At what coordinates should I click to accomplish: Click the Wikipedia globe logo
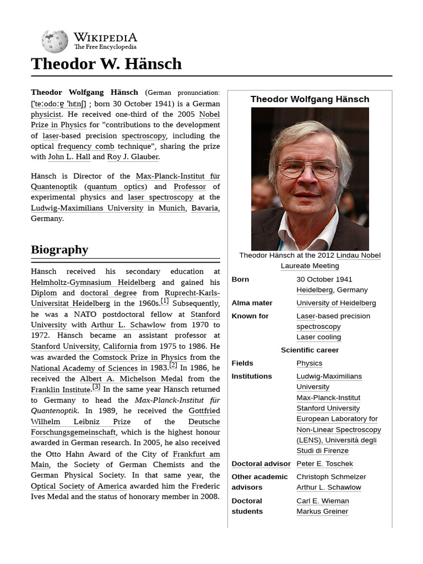pos(55,41)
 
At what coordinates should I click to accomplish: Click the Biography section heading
pos(59,250)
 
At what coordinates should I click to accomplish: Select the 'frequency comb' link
pos(86,147)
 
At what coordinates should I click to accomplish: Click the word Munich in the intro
pos(172,208)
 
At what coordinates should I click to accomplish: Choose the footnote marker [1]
pos(165,301)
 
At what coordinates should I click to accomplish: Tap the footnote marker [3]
pos(96,387)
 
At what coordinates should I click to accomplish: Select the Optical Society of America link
pos(79,486)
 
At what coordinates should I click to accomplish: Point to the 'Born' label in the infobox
pos(240,279)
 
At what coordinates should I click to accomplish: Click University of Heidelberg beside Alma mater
pos(336,303)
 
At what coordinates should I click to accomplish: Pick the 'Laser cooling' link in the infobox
pos(318,337)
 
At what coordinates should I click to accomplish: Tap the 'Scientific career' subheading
pos(310,350)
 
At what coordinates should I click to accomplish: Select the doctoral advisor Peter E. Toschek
pos(324,464)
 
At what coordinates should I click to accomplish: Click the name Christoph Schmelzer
pos(331,477)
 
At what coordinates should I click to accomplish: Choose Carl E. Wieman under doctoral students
pos(322,501)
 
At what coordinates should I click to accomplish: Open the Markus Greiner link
pos(322,512)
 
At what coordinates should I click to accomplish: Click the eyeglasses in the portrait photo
pos(308,169)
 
